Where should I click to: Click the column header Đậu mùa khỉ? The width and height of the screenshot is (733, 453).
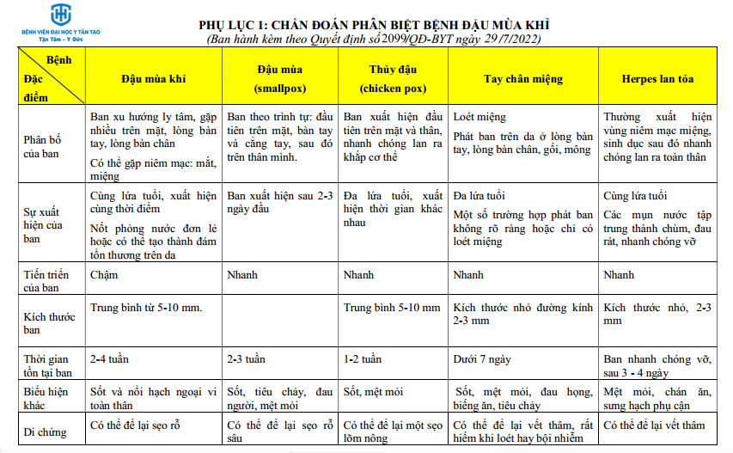(153, 78)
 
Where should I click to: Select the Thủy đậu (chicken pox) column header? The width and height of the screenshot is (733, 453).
(393, 78)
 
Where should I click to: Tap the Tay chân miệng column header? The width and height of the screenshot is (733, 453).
(523, 79)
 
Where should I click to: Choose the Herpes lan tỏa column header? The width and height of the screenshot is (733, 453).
(657, 79)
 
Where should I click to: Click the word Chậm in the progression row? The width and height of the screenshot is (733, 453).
(104, 275)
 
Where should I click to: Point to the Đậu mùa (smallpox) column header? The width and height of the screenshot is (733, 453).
(279, 78)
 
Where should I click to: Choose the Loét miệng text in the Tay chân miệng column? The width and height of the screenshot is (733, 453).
(480, 117)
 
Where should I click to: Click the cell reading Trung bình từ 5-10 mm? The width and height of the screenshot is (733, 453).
(145, 307)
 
